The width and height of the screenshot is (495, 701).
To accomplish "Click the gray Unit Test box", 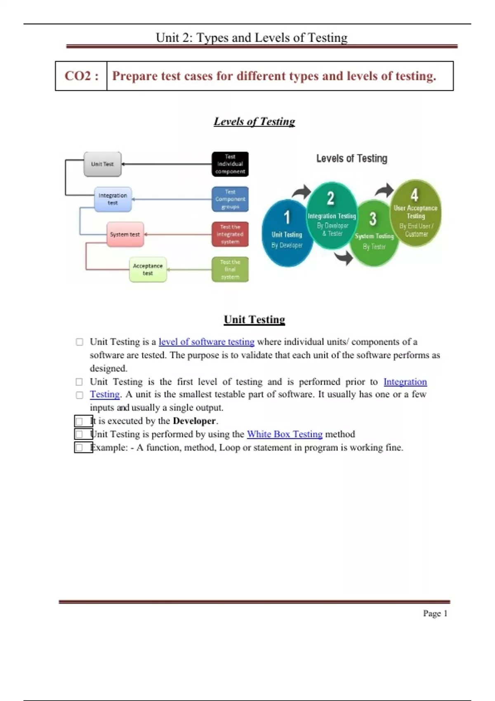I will (102, 164).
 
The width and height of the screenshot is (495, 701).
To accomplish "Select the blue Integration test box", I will (113, 199).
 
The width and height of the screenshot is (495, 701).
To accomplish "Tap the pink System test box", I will (125, 234).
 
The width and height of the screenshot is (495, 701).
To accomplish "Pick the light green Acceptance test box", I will (148, 270).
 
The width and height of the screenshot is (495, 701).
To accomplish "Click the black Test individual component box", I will (230, 164).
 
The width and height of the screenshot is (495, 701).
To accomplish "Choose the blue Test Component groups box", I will (230, 199).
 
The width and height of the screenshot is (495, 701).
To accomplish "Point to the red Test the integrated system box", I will (230, 234).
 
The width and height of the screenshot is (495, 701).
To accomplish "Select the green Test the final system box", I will (230, 270).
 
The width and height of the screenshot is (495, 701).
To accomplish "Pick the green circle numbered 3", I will (374, 233).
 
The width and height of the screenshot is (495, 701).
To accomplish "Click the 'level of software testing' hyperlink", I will (206, 342).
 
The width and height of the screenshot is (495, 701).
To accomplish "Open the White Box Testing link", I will (285, 434).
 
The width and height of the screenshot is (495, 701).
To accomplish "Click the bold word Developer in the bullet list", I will (194, 421).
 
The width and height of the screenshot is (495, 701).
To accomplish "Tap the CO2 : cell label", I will (81, 76).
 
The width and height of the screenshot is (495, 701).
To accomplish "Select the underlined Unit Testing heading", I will (254, 320).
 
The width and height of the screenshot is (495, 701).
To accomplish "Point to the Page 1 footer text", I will (435, 614).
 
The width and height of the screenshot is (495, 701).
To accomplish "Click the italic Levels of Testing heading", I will (254, 121).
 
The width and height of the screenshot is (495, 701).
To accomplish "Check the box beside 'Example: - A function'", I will (79, 447).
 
